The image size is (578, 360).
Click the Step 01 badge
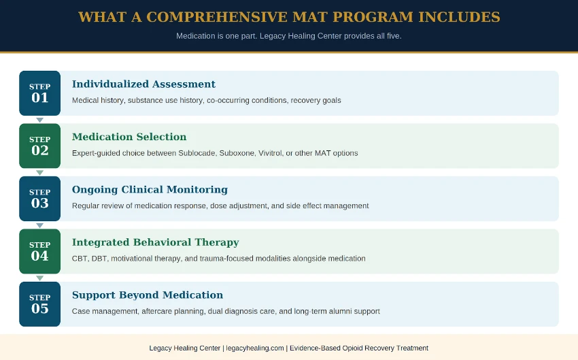pos(39,93)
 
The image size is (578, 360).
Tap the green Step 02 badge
pos(39,146)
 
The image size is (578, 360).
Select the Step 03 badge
pos(39,199)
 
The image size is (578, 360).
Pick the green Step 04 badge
pos(39,251)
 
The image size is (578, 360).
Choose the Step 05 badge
pos(39,304)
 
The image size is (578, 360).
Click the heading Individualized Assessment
pos(143,84)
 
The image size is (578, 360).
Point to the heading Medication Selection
pos(129,137)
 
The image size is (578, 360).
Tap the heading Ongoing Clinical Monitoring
pos(150,190)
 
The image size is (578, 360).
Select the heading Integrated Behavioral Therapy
pos(156,242)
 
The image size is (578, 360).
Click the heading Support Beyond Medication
pos(148,295)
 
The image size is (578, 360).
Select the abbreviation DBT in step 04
pos(99,259)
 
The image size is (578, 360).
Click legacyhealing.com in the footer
pos(254,348)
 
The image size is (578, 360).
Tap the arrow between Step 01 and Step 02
pos(39,120)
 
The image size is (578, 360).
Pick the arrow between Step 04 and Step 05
pos(39,278)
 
